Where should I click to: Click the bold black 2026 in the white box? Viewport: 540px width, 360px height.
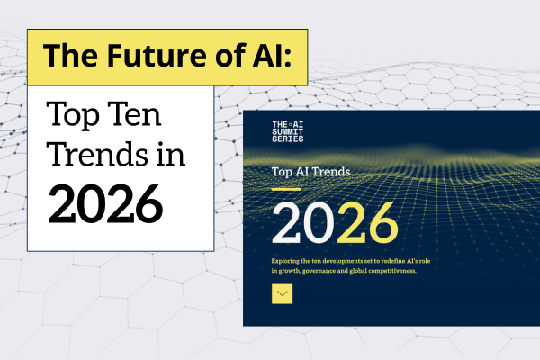tap(105, 205)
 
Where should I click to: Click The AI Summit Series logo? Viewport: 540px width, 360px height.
tap(288, 132)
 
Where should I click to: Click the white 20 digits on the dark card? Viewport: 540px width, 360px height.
tap(301, 224)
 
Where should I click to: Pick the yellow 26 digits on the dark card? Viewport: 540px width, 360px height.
tap(364, 224)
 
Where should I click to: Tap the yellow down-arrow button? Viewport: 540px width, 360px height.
tap(283, 292)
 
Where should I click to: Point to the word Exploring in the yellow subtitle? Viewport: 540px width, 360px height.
tap(288, 259)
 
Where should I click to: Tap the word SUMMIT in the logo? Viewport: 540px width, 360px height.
tap(288, 132)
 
